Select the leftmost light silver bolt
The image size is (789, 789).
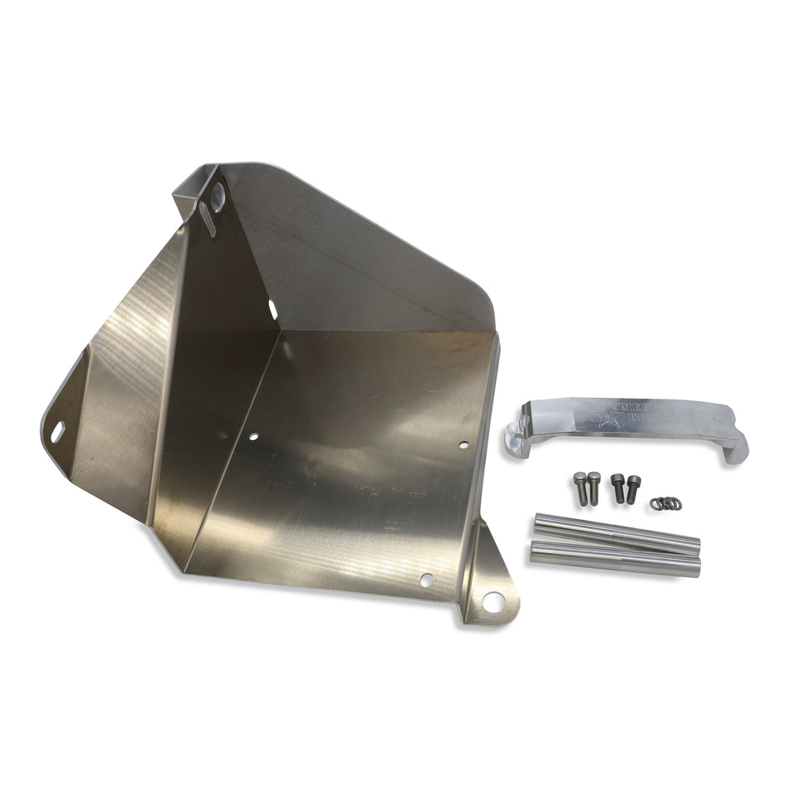tap(580, 488)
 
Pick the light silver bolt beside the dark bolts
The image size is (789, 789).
tap(594, 488)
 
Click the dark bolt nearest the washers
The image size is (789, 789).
tap(633, 488)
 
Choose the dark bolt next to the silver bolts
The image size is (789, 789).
tap(618, 487)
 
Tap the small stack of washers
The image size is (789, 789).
tap(666, 502)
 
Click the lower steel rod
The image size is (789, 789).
tap(615, 558)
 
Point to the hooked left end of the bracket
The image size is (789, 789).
tap(516, 429)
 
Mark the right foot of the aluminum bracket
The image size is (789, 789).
tap(736, 449)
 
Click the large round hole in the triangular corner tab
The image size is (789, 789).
tap(493, 601)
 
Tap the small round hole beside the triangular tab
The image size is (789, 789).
tap(427, 579)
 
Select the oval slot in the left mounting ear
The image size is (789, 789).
tap(57, 431)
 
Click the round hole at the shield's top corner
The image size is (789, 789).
tap(218, 196)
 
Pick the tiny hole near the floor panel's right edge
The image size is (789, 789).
tap(463, 445)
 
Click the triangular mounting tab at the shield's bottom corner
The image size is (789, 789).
tap(489, 581)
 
